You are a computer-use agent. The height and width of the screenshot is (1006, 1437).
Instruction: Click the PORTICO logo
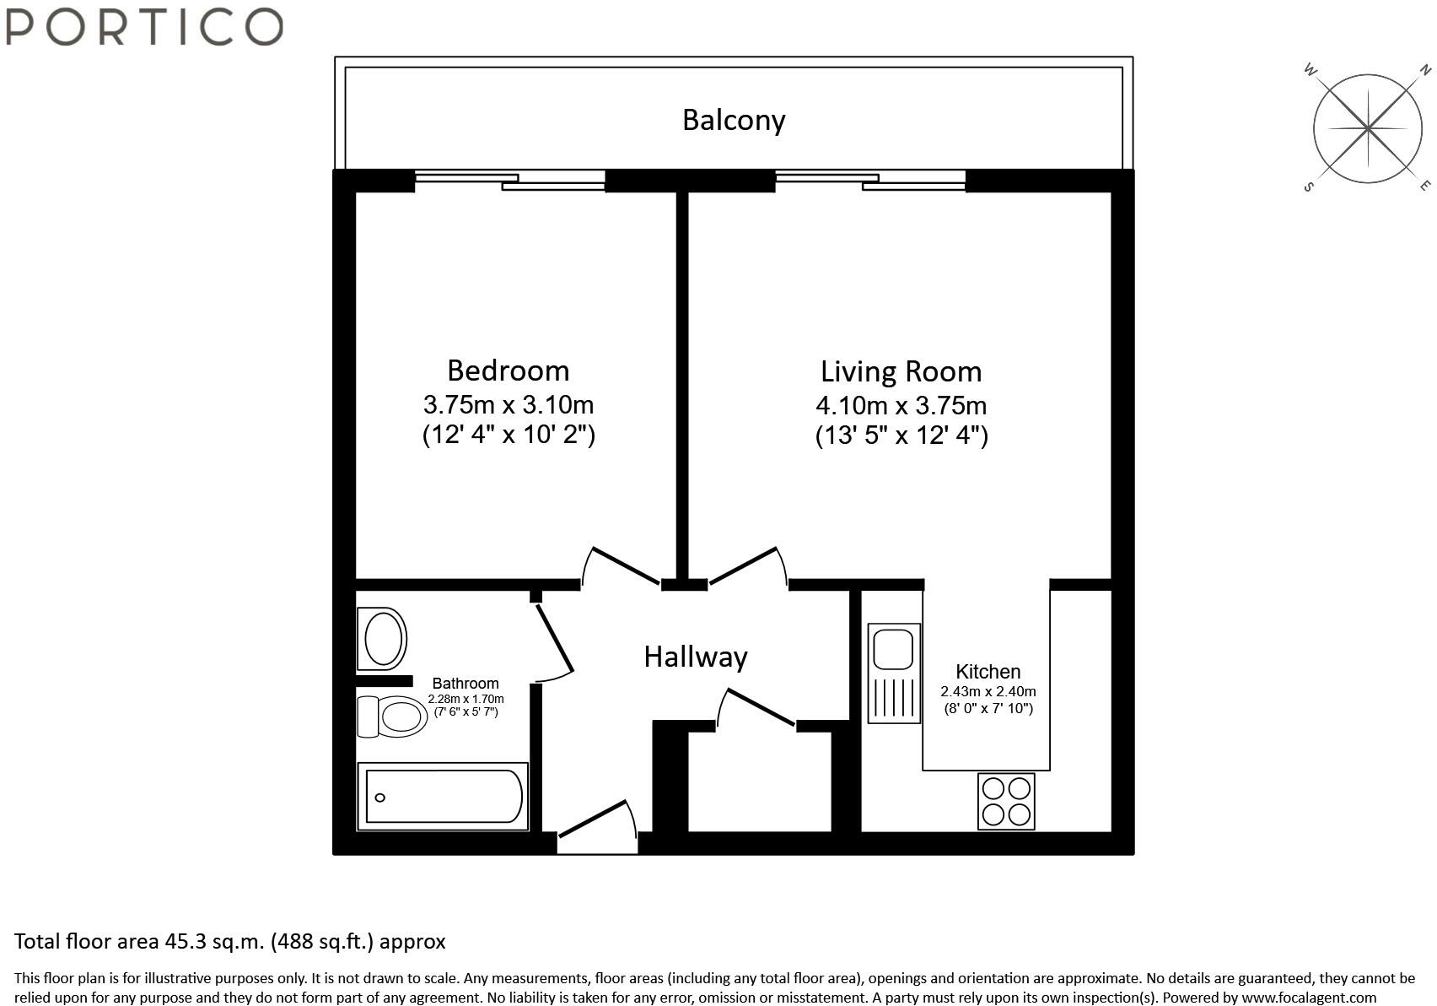(144, 26)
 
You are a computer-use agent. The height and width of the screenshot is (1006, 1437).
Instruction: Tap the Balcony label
(734, 121)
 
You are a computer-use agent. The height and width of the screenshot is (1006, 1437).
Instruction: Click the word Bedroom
(508, 370)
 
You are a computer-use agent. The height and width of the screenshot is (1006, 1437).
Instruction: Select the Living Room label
(901, 371)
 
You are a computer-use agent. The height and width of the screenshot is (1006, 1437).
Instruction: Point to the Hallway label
(696, 657)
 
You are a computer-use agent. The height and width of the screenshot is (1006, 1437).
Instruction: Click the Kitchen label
(988, 672)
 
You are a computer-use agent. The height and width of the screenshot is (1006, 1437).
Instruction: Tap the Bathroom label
(466, 683)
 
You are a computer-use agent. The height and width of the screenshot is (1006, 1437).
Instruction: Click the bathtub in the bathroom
(443, 796)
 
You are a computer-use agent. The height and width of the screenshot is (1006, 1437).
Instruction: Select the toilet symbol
(392, 717)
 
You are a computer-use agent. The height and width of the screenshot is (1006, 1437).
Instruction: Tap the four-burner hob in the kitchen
(1006, 801)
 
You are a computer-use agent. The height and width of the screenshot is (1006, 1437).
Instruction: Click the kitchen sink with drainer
(894, 673)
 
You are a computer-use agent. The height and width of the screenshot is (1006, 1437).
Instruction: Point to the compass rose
(1369, 128)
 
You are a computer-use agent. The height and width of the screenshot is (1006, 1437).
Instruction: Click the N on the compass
(1424, 69)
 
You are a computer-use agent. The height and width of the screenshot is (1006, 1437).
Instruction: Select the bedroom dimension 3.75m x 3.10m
(508, 404)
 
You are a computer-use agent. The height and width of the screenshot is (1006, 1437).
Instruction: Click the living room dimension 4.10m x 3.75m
(901, 405)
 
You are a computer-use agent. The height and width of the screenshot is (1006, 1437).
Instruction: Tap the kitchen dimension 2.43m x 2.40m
(988, 691)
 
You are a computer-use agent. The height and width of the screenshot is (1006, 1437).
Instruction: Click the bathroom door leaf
(554, 637)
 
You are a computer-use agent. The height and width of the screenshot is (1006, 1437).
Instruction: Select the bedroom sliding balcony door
(510, 181)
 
